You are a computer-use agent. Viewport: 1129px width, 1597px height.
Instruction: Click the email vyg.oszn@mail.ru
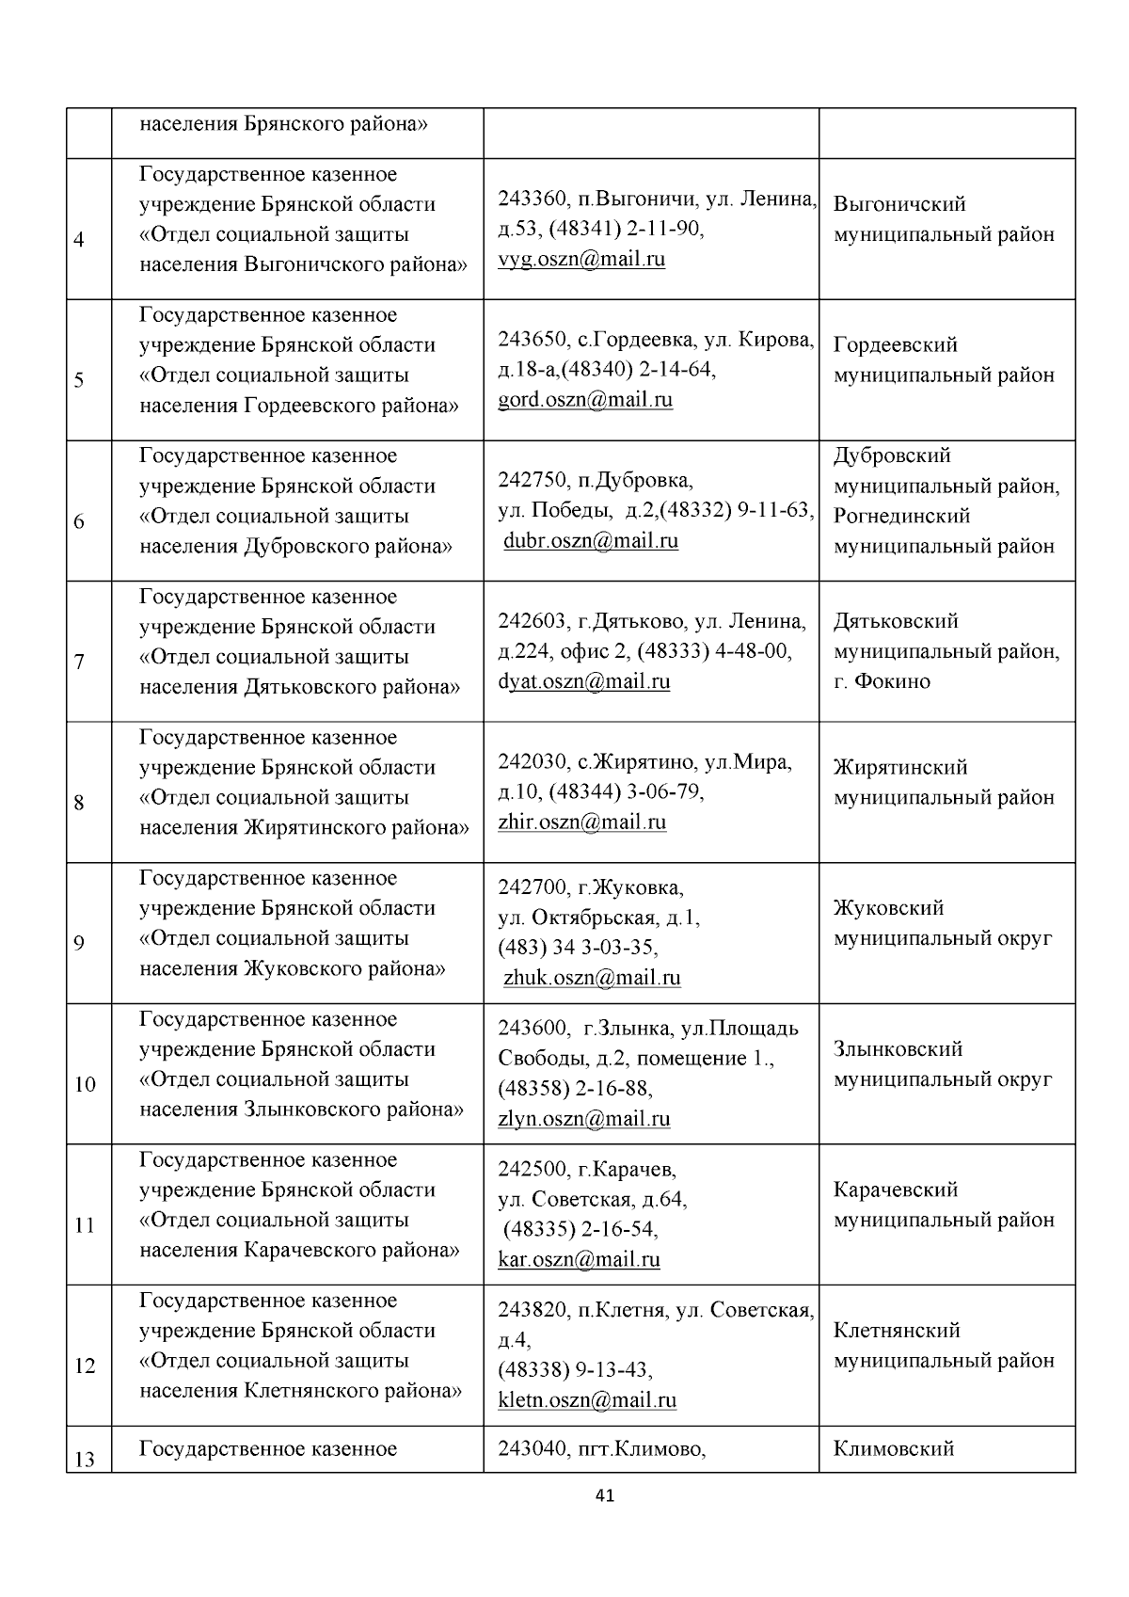[x=581, y=260]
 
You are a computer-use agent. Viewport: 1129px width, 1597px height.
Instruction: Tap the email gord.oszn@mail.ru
[x=585, y=400]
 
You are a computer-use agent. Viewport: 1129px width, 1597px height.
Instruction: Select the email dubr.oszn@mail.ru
[x=591, y=541]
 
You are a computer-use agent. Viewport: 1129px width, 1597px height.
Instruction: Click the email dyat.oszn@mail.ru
[x=584, y=681]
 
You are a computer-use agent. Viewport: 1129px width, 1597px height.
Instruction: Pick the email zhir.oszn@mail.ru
[x=582, y=822]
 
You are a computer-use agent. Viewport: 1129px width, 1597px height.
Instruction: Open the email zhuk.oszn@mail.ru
[x=592, y=978]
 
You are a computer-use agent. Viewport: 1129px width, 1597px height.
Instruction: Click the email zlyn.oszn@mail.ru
[x=584, y=1119]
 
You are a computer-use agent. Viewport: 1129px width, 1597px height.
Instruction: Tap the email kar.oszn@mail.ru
[x=579, y=1260]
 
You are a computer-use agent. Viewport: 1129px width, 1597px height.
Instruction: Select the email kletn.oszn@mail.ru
[x=587, y=1400]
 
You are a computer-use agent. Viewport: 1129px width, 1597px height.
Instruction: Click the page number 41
[x=606, y=1495]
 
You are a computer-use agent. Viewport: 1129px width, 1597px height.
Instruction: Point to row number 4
[x=79, y=240]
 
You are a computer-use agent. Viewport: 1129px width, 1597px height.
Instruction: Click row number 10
[x=85, y=1085]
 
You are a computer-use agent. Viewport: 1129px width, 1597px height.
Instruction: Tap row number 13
[x=85, y=1460]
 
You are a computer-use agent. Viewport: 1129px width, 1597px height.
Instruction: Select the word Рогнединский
[x=901, y=516]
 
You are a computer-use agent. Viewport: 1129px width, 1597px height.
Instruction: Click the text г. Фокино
[x=882, y=681]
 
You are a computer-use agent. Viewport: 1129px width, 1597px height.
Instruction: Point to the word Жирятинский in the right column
[x=900, y=768]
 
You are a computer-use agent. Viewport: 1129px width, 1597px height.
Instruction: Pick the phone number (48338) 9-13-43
[x=576, y=1370]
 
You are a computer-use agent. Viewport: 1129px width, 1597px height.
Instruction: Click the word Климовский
[x=894, y=1449]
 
